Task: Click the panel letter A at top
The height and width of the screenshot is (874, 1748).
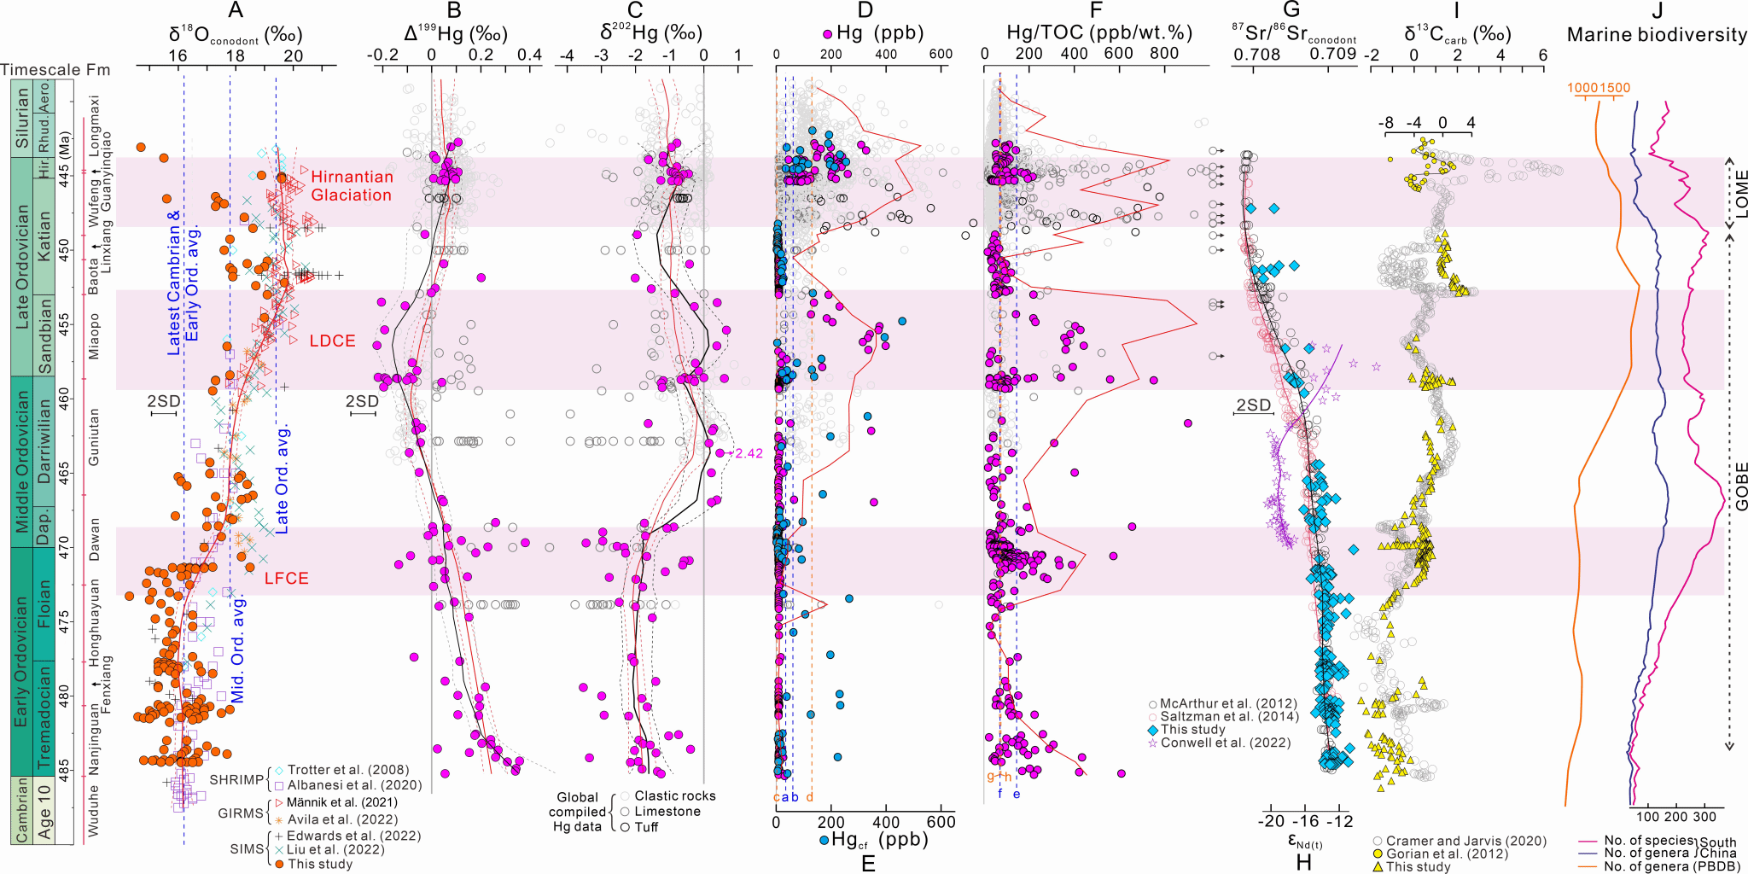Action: point(236,10)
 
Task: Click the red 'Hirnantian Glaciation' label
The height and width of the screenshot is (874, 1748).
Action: point(352,186)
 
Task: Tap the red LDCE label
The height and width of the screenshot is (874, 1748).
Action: point(332,341)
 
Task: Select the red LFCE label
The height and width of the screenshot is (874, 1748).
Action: point(286,579)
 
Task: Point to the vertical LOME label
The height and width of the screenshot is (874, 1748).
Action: point(1740,194)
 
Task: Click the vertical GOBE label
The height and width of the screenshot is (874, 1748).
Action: point(1740,487)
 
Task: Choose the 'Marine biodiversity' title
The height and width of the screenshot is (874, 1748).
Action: point(1657,35)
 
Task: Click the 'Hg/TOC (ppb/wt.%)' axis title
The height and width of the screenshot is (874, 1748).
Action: point(1099,33)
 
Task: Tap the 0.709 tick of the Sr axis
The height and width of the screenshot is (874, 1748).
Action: point(1332,54)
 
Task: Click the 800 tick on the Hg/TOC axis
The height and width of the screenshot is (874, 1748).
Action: point(1164,54)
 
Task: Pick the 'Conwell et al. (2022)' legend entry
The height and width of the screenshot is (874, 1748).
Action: point(1213,743)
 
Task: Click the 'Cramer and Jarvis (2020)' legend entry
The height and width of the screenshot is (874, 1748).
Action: point(1465,841)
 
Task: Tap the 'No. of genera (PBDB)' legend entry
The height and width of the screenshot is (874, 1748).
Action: point(1671,866)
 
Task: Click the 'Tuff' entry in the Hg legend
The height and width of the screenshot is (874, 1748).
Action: point(646,827)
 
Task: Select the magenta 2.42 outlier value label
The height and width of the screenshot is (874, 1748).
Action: point(749,453)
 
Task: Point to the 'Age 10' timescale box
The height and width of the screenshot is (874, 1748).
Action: point(44,809)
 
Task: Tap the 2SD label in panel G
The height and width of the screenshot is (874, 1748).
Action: point(1253,405)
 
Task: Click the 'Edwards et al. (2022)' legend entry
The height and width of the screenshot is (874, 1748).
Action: point(353,836)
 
